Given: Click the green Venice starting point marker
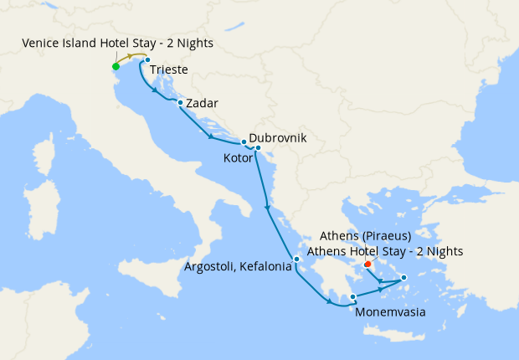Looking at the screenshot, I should coord(116,66).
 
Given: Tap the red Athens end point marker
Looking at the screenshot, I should coord(367,265).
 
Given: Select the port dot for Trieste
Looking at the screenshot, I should coord(146,59).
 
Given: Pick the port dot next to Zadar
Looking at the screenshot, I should coord(180,103).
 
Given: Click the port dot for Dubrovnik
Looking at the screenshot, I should coord(244,141).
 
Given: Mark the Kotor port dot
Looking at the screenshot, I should coord(258,149).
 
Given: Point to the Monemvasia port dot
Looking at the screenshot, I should coord(353,296).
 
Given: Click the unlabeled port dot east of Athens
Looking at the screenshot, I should coord(403,278).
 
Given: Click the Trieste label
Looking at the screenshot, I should coord(169,70).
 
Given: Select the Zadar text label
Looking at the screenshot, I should coord(203,104).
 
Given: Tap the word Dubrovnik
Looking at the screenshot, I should coord(278,137).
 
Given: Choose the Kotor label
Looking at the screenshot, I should coord(238,157).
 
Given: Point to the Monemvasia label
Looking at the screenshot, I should coord(390,313).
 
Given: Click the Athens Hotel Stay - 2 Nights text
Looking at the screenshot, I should coord(385,251).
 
